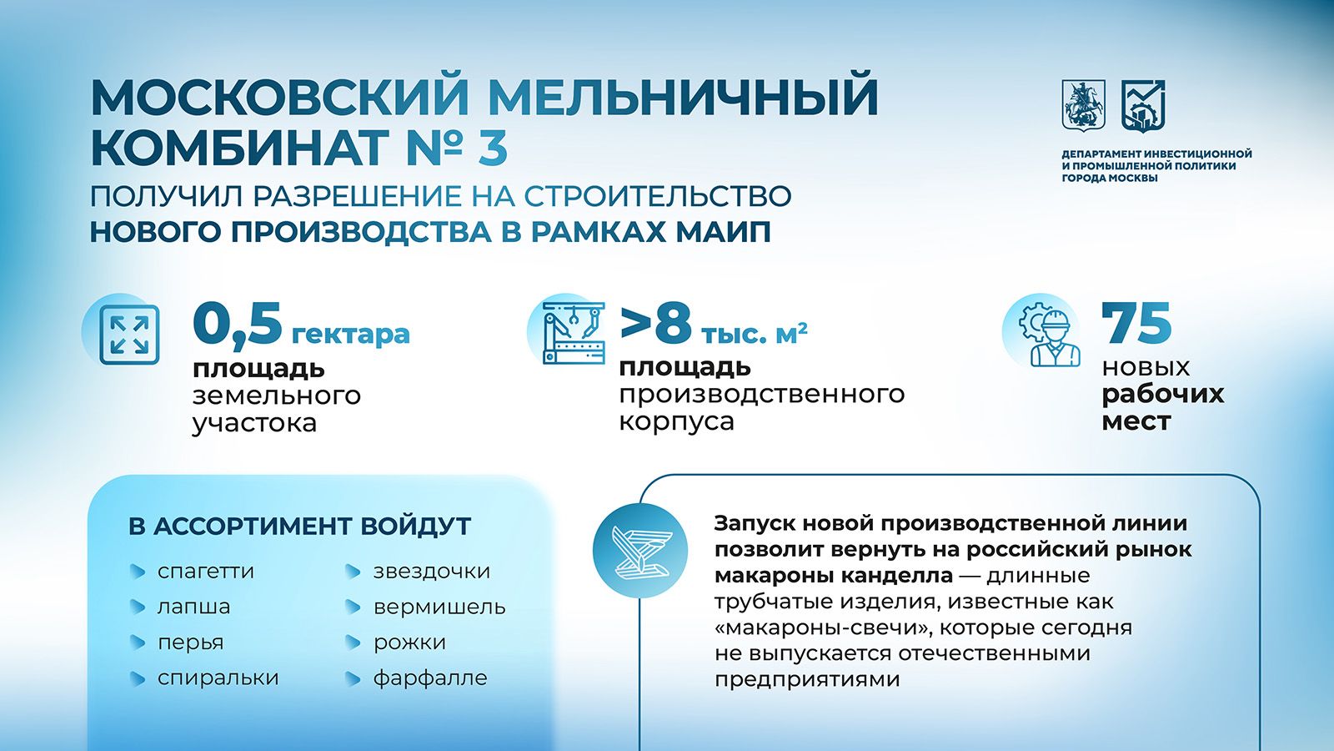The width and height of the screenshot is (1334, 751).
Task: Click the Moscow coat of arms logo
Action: pos(1084,105)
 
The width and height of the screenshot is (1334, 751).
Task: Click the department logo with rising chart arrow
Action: pos(1143,106)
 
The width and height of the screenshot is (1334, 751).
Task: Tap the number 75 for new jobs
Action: pos(1136,323)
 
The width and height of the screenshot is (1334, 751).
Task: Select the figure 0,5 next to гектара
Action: pos(237,324)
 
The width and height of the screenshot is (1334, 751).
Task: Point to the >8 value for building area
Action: pos(655,324)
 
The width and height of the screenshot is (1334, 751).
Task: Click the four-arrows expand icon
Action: pos(129,335)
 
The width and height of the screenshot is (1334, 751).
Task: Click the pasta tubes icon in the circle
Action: pos(640,551)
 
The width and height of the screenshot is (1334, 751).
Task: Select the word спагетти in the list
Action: pos(205,572)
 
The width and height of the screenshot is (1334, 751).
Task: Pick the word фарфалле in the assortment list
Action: pos(430,678)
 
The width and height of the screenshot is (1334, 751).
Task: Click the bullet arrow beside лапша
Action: pos(138,607)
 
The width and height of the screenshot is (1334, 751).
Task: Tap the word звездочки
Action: pos(432,571)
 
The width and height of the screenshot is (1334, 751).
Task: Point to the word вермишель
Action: pos(439,607)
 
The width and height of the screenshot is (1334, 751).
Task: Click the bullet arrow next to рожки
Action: pos(354,643)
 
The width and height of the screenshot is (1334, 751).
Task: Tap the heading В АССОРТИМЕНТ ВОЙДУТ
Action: pos(299,527)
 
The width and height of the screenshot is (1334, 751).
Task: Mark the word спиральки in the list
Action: pos(218,678)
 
